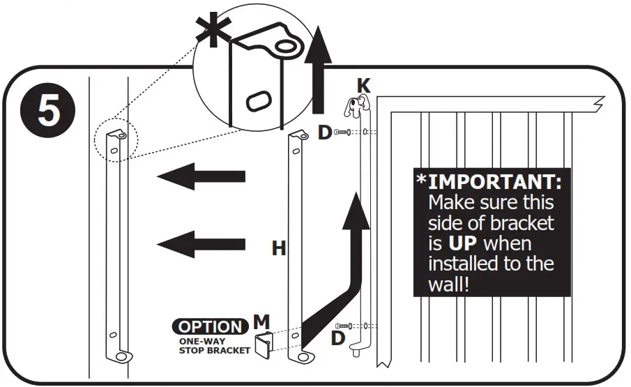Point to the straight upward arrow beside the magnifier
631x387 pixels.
pos(319,70)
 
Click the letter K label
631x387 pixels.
pos(363,86)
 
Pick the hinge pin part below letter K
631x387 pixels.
pos(356,107)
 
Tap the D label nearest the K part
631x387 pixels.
pos(325,132)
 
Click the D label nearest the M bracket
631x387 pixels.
pos(338,339)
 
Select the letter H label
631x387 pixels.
pos(279,248)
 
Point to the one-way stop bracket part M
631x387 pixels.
pos(264,344)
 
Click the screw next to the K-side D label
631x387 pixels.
pos(343,132)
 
